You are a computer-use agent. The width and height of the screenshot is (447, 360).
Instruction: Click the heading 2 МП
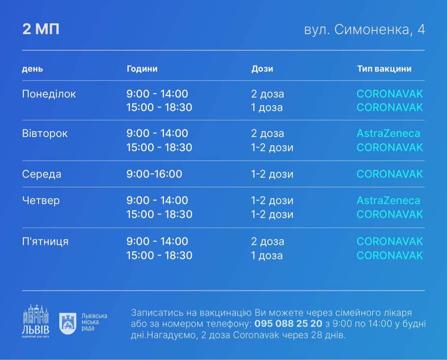41,29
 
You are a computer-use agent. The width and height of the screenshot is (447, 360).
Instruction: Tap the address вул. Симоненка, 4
364,30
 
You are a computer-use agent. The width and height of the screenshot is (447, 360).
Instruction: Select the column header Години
142,69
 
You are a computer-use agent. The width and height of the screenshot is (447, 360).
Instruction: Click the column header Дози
262,69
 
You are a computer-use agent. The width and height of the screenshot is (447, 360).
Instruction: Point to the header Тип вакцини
384,69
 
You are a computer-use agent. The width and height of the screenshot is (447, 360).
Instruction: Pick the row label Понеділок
49,94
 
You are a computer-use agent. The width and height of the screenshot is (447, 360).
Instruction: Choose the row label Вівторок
45,133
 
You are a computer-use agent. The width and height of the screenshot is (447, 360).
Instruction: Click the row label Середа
41,174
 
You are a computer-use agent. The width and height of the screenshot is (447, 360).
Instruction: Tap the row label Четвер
41,200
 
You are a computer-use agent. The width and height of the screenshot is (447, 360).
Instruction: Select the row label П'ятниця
45,241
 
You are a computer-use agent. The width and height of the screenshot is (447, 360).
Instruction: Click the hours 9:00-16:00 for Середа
154,174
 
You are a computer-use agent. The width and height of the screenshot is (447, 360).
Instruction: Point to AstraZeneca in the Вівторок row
388,133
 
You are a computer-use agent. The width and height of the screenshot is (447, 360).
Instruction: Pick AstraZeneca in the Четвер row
388,200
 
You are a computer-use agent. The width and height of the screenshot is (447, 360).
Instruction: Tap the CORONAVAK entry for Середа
390,174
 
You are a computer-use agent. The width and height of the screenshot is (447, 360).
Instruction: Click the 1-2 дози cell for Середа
272,174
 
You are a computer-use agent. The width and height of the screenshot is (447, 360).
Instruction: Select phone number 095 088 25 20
288,324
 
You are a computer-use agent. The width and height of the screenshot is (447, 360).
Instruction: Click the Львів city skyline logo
36,321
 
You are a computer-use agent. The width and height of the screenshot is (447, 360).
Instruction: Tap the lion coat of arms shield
68,323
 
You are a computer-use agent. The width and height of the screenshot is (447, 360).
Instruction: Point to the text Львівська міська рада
95,322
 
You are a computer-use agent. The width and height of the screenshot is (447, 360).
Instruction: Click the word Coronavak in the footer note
256,335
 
